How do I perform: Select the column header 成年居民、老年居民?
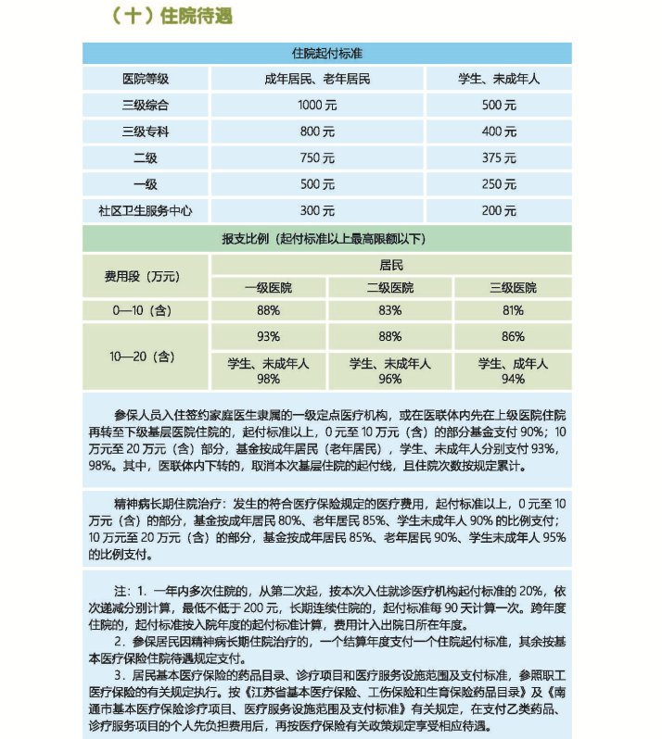[317, 80]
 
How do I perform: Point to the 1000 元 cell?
[317, 106]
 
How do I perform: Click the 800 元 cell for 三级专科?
[317, 132]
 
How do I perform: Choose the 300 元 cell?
[317, 210]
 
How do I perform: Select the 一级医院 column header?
[269, 287]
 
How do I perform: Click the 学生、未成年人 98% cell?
[269, 371]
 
